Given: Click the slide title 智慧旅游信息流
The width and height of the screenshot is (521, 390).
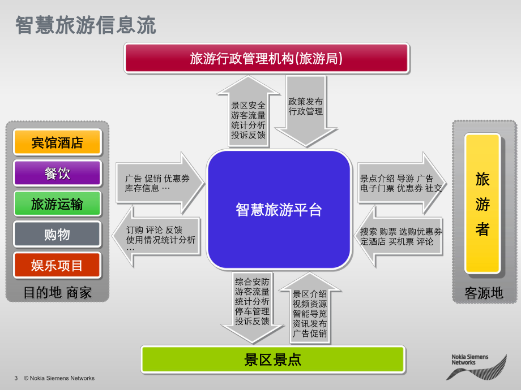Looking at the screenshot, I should point(86,25).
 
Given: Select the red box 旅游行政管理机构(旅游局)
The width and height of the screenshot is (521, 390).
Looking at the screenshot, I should point(266,58).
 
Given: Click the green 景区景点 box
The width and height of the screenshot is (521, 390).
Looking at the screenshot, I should point(272,359).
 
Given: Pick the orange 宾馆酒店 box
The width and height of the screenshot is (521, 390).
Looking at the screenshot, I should point(57,142).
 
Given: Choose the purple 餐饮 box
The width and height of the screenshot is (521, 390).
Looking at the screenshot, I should point(57,173).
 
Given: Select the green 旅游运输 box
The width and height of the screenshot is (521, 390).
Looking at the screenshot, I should point(57,203).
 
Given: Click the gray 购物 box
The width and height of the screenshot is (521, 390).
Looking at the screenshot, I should point(57,235).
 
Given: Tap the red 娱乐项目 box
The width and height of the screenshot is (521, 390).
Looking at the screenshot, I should point(57,265).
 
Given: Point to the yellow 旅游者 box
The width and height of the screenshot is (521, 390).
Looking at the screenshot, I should point(482,203).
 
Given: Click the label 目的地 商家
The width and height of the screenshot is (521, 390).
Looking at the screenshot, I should point(57,292).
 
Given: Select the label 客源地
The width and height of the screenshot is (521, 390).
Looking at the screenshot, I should point(483,292).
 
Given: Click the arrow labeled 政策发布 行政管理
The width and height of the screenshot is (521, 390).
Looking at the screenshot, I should point(306,113).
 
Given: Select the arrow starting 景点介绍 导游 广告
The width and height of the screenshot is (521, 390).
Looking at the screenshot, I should point(399,183).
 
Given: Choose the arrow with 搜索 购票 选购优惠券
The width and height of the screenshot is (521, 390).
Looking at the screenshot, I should point(400,236).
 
